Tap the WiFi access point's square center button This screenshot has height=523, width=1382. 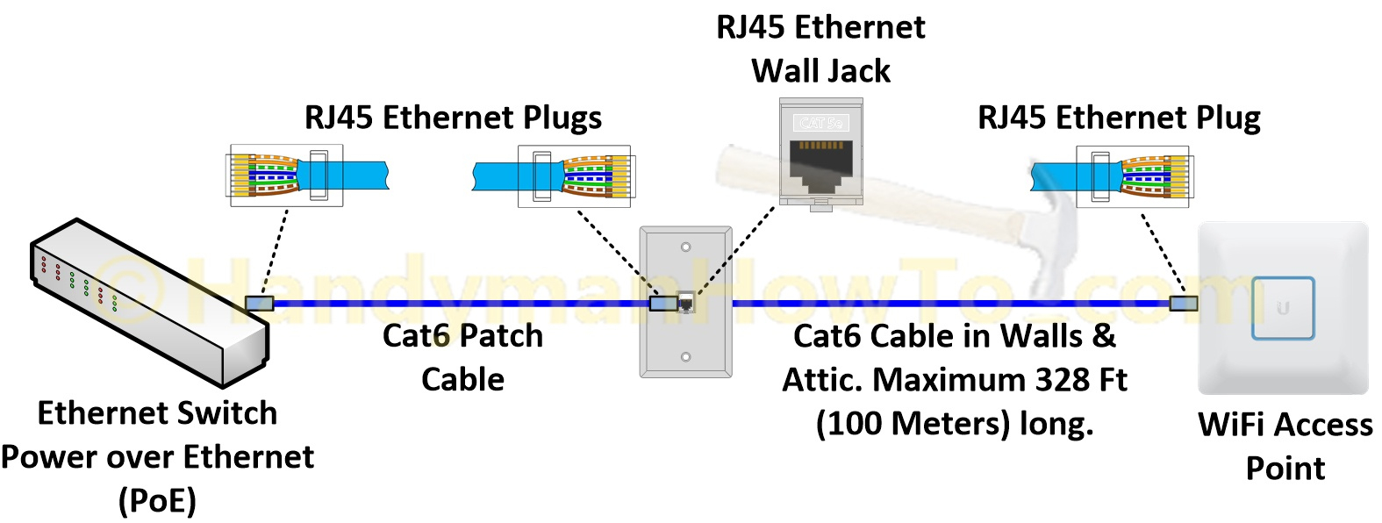tap(1283, 308)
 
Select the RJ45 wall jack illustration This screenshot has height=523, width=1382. tap(821, 154)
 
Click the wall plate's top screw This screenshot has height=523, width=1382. tap(686, 247)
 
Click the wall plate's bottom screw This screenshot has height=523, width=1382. tap(686, 357)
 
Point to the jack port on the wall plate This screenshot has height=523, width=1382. tap(687, 304)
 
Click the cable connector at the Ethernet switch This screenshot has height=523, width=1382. tap(260, 304)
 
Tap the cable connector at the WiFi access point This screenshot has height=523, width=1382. tap(1183, 304)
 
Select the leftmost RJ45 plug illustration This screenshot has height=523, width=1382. tap(286, 176)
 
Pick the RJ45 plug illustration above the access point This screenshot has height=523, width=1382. tap(1132, 176)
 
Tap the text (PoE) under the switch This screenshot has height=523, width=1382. tap(157, 501)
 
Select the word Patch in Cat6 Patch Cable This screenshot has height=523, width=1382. tap(503, 336)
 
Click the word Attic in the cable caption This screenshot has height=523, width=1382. tap(821, 380)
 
